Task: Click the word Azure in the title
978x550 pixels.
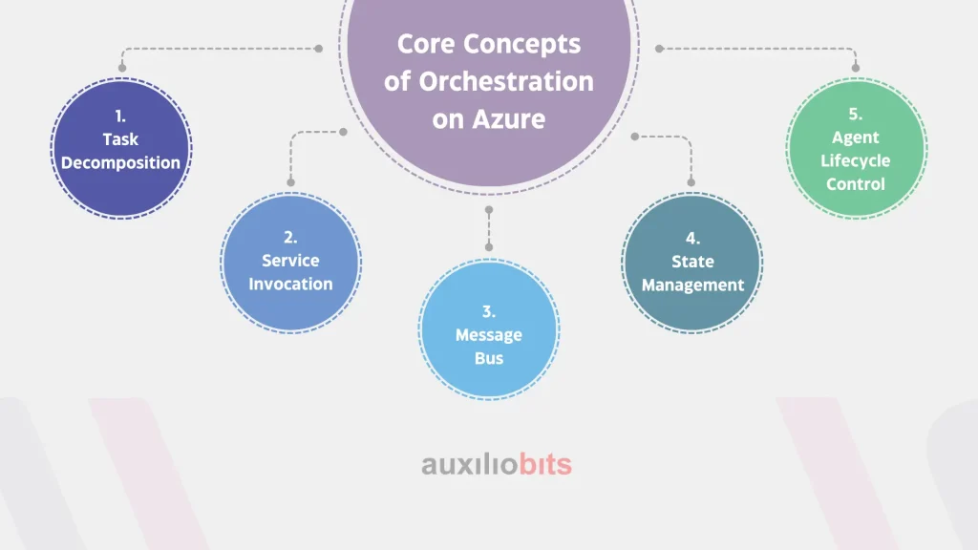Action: [509, 118]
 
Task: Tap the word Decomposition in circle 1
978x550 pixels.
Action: [120, 162]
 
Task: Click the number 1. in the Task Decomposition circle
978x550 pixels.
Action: [120, 116]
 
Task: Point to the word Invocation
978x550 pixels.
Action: [290, 284]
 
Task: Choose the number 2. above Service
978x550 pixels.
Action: [290, 237]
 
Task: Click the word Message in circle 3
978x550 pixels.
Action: [489, 335]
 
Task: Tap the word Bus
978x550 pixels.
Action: [489, 359]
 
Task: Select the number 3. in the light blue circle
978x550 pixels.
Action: [489, 311]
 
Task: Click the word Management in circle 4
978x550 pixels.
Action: [693, 286]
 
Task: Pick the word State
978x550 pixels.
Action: [693, 262]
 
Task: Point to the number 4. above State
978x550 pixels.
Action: [693, 238]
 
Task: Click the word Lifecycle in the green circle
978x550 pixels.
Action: [855, 160]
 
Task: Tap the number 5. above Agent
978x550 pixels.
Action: [856, 115]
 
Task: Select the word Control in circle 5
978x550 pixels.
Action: [856, 184]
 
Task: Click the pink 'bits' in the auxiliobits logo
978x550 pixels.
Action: [545, 465]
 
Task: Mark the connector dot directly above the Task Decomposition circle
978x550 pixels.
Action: [122, 68]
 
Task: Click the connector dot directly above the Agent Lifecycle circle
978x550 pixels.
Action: [856, 68]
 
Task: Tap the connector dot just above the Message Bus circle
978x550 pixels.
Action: [489, 247]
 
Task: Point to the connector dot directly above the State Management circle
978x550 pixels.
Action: [691, 182]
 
